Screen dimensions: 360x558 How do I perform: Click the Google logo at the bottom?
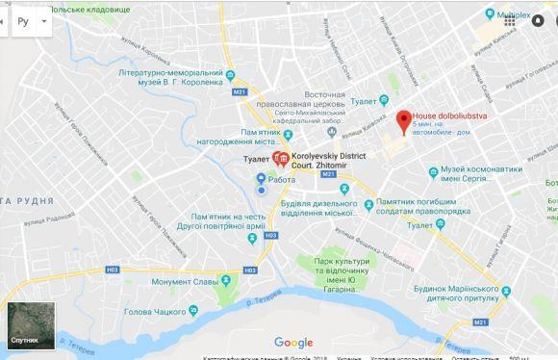293,343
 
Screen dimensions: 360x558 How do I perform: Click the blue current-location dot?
260,190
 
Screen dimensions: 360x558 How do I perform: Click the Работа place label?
282,178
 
